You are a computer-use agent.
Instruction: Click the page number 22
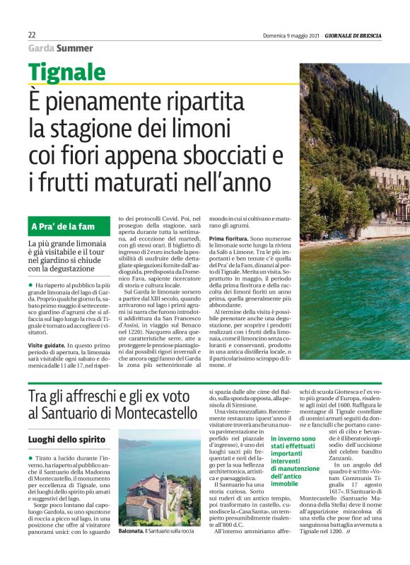tap(33, 35)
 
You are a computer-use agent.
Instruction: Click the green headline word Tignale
tap(67, 72)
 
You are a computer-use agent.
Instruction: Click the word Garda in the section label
tap(40, 48)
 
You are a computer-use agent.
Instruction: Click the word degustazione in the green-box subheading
tap(83, 268)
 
